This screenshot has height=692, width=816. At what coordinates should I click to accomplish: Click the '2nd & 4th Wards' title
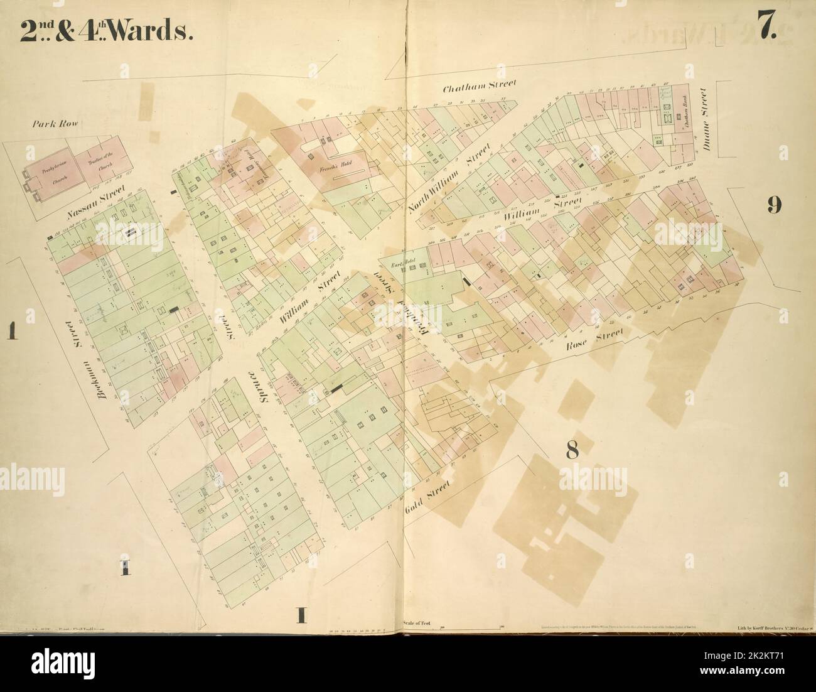pos(105,32)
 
